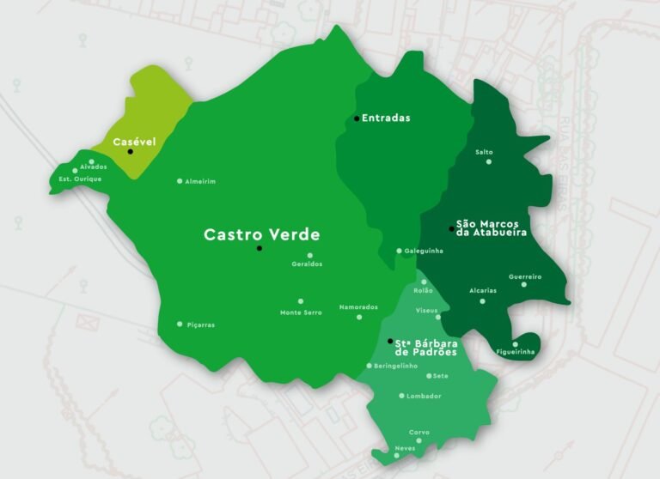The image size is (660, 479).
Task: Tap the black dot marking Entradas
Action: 357,118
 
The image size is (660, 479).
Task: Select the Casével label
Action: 134,141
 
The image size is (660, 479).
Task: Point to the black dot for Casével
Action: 131,152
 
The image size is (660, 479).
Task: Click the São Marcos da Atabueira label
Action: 491,227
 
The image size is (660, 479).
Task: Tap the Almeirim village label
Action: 200,182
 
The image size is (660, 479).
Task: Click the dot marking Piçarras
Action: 180,324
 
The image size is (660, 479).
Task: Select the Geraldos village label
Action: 307,264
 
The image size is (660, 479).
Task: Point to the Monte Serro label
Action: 301,312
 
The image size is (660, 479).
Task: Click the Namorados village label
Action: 358,307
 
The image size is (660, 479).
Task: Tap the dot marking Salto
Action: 489,161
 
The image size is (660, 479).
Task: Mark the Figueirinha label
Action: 516,352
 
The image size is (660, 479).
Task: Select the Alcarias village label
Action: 483,290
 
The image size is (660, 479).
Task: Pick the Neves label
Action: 404,449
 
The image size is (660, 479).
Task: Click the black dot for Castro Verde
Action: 259,248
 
